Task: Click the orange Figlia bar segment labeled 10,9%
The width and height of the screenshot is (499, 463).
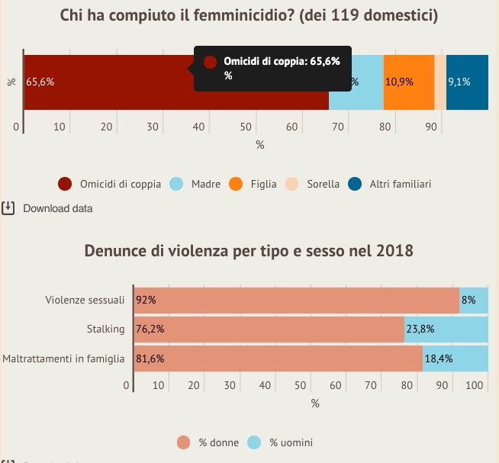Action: tap(408, 82)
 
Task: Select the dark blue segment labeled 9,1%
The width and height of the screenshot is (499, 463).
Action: tap(467, 82)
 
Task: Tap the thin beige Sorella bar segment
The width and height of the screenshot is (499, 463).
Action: tap(440, 82)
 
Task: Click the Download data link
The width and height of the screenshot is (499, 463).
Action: tap(58, 207)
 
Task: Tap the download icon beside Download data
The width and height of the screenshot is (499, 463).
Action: tap(8, 207)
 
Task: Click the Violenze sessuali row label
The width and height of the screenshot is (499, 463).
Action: tap(85, 300)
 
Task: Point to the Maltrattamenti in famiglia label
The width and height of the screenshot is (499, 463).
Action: tap(63, 359)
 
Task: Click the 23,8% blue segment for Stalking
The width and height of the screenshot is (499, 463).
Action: tap(446, 330)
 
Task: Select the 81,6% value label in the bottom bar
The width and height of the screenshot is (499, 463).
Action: tap(150, 359)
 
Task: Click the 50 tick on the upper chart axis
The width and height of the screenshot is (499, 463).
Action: tap(246, 127)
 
